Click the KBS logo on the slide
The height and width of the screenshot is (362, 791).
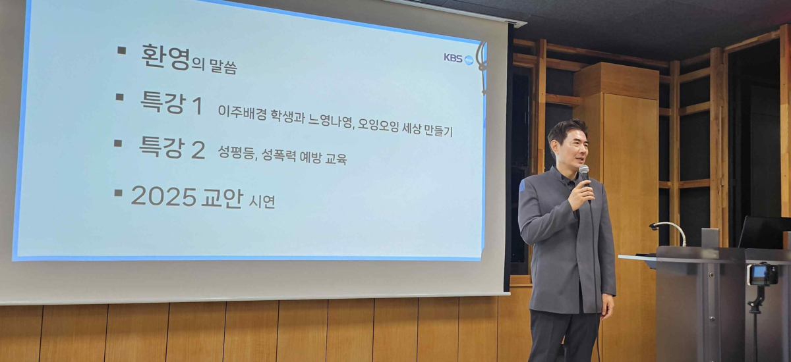(x=459, y=59)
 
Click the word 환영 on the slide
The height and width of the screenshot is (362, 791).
(x=165, y=57)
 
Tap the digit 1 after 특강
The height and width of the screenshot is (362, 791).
(x=196, y=106)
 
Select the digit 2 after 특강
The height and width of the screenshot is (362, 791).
(x=198, y=150)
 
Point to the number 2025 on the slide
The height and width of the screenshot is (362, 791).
(x=163, y=196)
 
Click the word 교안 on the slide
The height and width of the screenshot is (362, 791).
(x=222, y=198)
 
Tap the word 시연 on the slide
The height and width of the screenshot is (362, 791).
(x=262, y=201)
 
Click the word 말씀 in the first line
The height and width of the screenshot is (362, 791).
(x=223, y=66)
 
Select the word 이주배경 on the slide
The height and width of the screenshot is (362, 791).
(x=242, y=113)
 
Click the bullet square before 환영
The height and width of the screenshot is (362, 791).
(x=122, y=50)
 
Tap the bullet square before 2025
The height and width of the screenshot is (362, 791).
(x=118, y=192)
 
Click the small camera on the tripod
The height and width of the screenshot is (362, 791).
(x=762, y=274)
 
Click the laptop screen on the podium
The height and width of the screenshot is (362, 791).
(x=765, y=232)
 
